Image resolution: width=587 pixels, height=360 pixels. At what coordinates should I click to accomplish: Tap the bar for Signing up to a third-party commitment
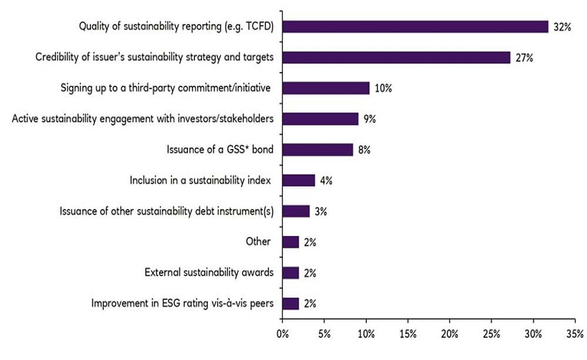point(326,88)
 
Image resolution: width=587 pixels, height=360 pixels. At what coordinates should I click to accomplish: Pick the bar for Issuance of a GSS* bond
point(317,150)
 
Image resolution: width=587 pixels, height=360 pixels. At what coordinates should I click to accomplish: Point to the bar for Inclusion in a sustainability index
point(298,180)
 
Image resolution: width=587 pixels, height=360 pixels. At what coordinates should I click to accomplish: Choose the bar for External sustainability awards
point(290,273)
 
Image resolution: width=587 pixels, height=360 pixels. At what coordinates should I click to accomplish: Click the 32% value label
point(563,27)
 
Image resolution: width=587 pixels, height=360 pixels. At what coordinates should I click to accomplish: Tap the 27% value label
point(525,57)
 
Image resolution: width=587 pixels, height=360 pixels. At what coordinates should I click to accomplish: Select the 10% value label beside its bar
point(383,88)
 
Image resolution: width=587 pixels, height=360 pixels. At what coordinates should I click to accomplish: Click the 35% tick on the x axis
point(575,333)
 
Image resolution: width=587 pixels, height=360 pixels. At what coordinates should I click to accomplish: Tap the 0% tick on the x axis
point(282,333)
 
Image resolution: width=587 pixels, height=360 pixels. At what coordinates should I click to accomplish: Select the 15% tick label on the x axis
point(407,333)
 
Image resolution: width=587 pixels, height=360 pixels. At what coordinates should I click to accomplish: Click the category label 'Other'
point(258,242)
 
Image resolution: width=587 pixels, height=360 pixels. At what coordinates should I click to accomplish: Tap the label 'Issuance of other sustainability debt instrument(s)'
point(167,211)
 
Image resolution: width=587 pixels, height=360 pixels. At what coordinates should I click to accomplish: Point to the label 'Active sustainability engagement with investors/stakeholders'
point(143,119)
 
